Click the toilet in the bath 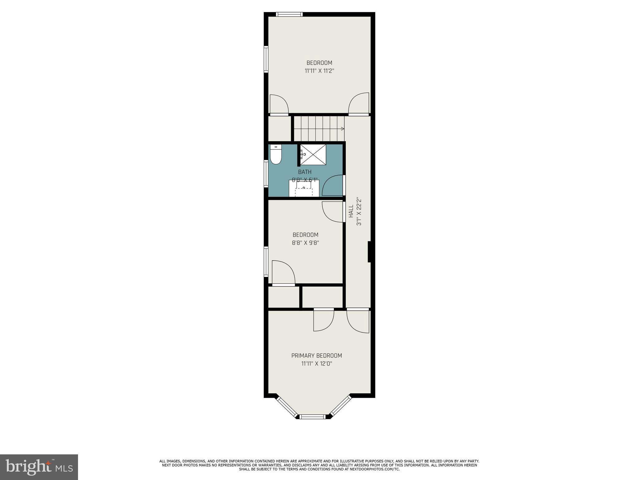pyautogui.click(x=276, y=155)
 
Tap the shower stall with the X pyautogui.click(x=313, y=155)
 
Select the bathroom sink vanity pyautogui.click(x=304, y=188)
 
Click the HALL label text pyautogui.click(x=351, y=211)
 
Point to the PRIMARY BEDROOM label pyautogui.click(x=316, y=356)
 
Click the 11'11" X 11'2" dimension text pyautogui.click(x=319, y=71)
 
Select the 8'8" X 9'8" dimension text pyautogui.click(x=305, y=243)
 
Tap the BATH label pyautogui.click(x=305, y=172)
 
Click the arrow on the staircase pyautogui.click(x=342, y=128)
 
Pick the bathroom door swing pyautogui.click(x=334, y=186)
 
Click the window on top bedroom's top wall pyautogui.click(x=289, y=14)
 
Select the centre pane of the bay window pyautogui.click(x=313, y=416)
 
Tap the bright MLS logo pyautogui.click(x=39, y=467)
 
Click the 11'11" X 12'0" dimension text pyautogui.click(x=316, y=364)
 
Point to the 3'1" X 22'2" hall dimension pyautogui.click(x=359, y=211)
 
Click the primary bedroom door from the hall pyautogui.click(x=358, y=320)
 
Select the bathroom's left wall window pyautogui.click(x=266, y=174)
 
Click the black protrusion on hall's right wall pyautogui.click(x=369, y=252)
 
